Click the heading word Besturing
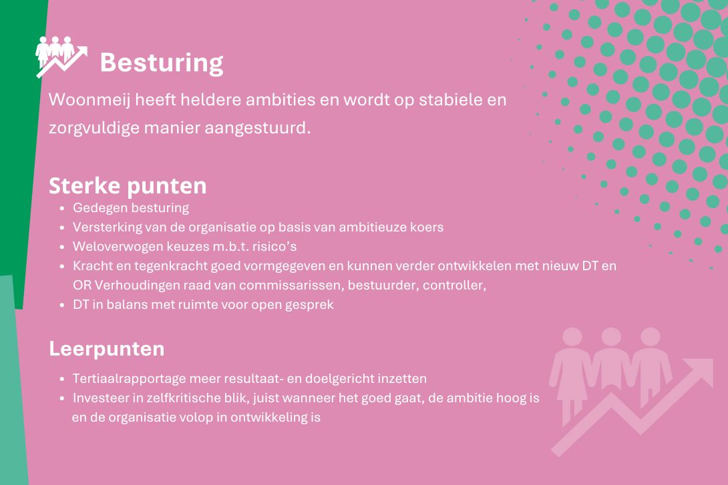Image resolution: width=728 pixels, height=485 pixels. [x=162, y=63]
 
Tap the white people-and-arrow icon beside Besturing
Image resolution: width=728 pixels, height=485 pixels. [x=61, y=57]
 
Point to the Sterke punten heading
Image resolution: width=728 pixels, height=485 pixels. [x=128, y=186]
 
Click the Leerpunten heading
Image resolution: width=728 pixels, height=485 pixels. [x=107, y=349]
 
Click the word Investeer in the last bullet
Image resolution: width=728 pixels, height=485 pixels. [x=100, y=398]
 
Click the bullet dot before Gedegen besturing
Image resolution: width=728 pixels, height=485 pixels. [x=61, y=209]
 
